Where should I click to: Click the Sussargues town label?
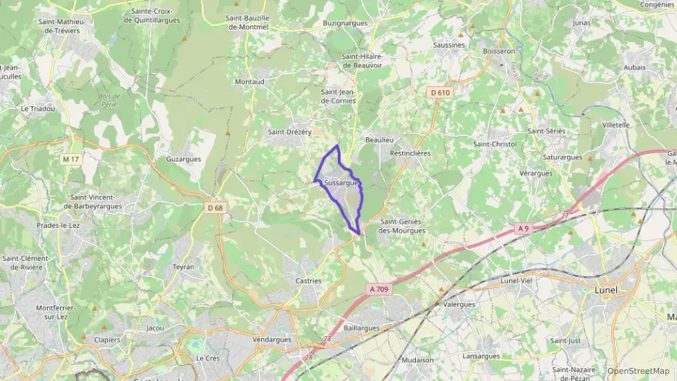pos(342,184)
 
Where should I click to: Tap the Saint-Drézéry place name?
pos(289,132)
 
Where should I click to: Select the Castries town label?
pos(309,281)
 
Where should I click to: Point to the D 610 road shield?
pos(440,93)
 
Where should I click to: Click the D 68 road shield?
pos(215,208)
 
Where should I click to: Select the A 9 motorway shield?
pos(524,228)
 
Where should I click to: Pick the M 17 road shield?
pos(71,159)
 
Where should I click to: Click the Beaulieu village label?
pos(379,140)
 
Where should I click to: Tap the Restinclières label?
pos(410,153)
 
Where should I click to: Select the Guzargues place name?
pos(183,158)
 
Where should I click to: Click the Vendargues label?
pos(272,339)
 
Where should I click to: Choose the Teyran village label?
pos(184,267)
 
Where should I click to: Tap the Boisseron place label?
pos(499,51)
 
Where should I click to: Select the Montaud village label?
pos(249,82)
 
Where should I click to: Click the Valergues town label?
pos(459,304)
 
